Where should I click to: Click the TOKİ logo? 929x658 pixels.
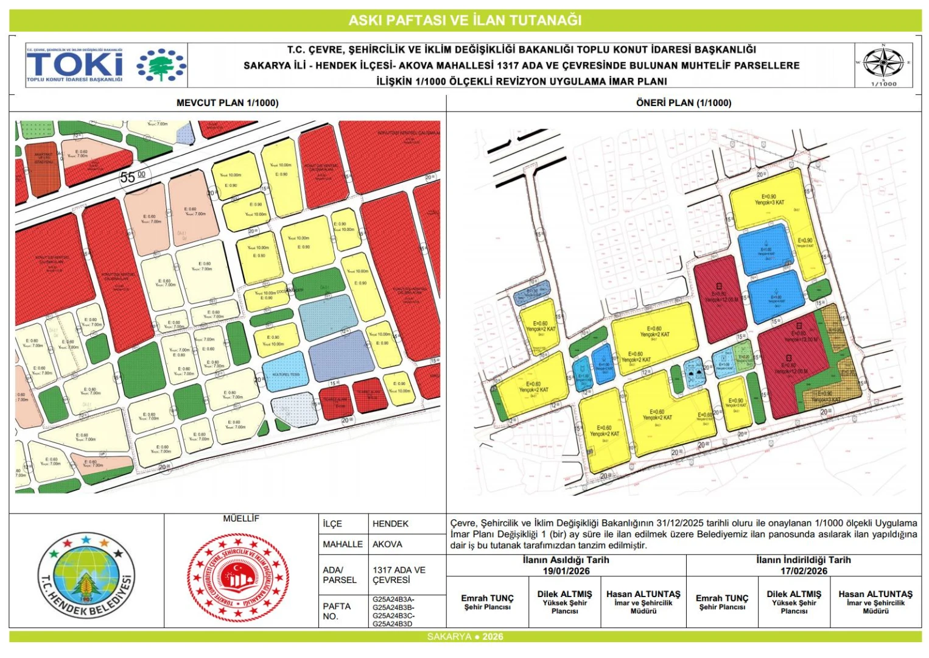(x=105, y=65)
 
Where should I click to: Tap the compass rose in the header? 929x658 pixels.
(x=883, y=62)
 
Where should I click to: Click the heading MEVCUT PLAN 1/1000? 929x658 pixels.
(x=227, y=103)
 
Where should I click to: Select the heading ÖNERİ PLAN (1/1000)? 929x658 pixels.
(x=684, y=103)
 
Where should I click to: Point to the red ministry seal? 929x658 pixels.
(x=238, y=576)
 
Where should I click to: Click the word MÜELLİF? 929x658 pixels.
(x=241, y=518)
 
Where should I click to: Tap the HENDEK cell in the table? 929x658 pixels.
(x=390, y=524)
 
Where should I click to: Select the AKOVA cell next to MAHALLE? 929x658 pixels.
(x=387, y=544)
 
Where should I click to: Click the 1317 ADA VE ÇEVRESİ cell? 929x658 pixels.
(x=399, y=575)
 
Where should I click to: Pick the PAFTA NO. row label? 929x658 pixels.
(x=337, y=611)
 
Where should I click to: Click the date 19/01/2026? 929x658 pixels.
(x=566, y=571)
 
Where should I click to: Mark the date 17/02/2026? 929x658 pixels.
(x=804, y=571)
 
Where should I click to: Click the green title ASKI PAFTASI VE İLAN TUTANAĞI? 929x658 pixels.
(x=464, y=20)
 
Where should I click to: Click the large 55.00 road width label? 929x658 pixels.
(x=133, y=177)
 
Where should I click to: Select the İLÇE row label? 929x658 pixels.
(x=332, y=524)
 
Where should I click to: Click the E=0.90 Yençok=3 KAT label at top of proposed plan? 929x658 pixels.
(x=769, y=200)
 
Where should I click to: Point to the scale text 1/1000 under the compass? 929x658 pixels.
(x=884, y=84)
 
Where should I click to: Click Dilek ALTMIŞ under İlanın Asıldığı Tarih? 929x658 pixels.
(x=564, y=594)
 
